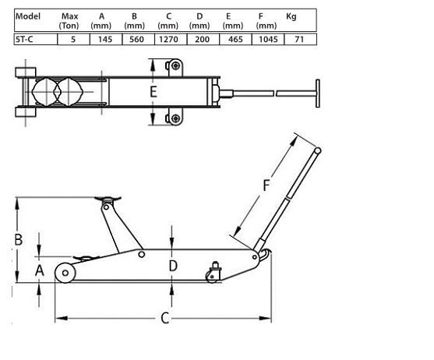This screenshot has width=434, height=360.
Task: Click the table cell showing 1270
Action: click(x=169, y=38)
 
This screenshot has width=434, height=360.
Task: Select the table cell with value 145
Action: click(x=101, y=38)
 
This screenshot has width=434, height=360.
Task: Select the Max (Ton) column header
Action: click(x=69, y=20)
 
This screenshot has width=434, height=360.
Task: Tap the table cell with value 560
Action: click(x=135, y=38)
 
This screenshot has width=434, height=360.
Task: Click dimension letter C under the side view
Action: click(x=164, y=317)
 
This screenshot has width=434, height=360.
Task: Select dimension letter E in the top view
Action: click(x=153, y=93)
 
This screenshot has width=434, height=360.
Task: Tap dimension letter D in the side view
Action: click(x=173, y=265)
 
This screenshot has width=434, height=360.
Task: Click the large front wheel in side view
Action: click(x=65, y=273)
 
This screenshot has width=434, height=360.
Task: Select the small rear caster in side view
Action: click(x=213, y=274)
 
